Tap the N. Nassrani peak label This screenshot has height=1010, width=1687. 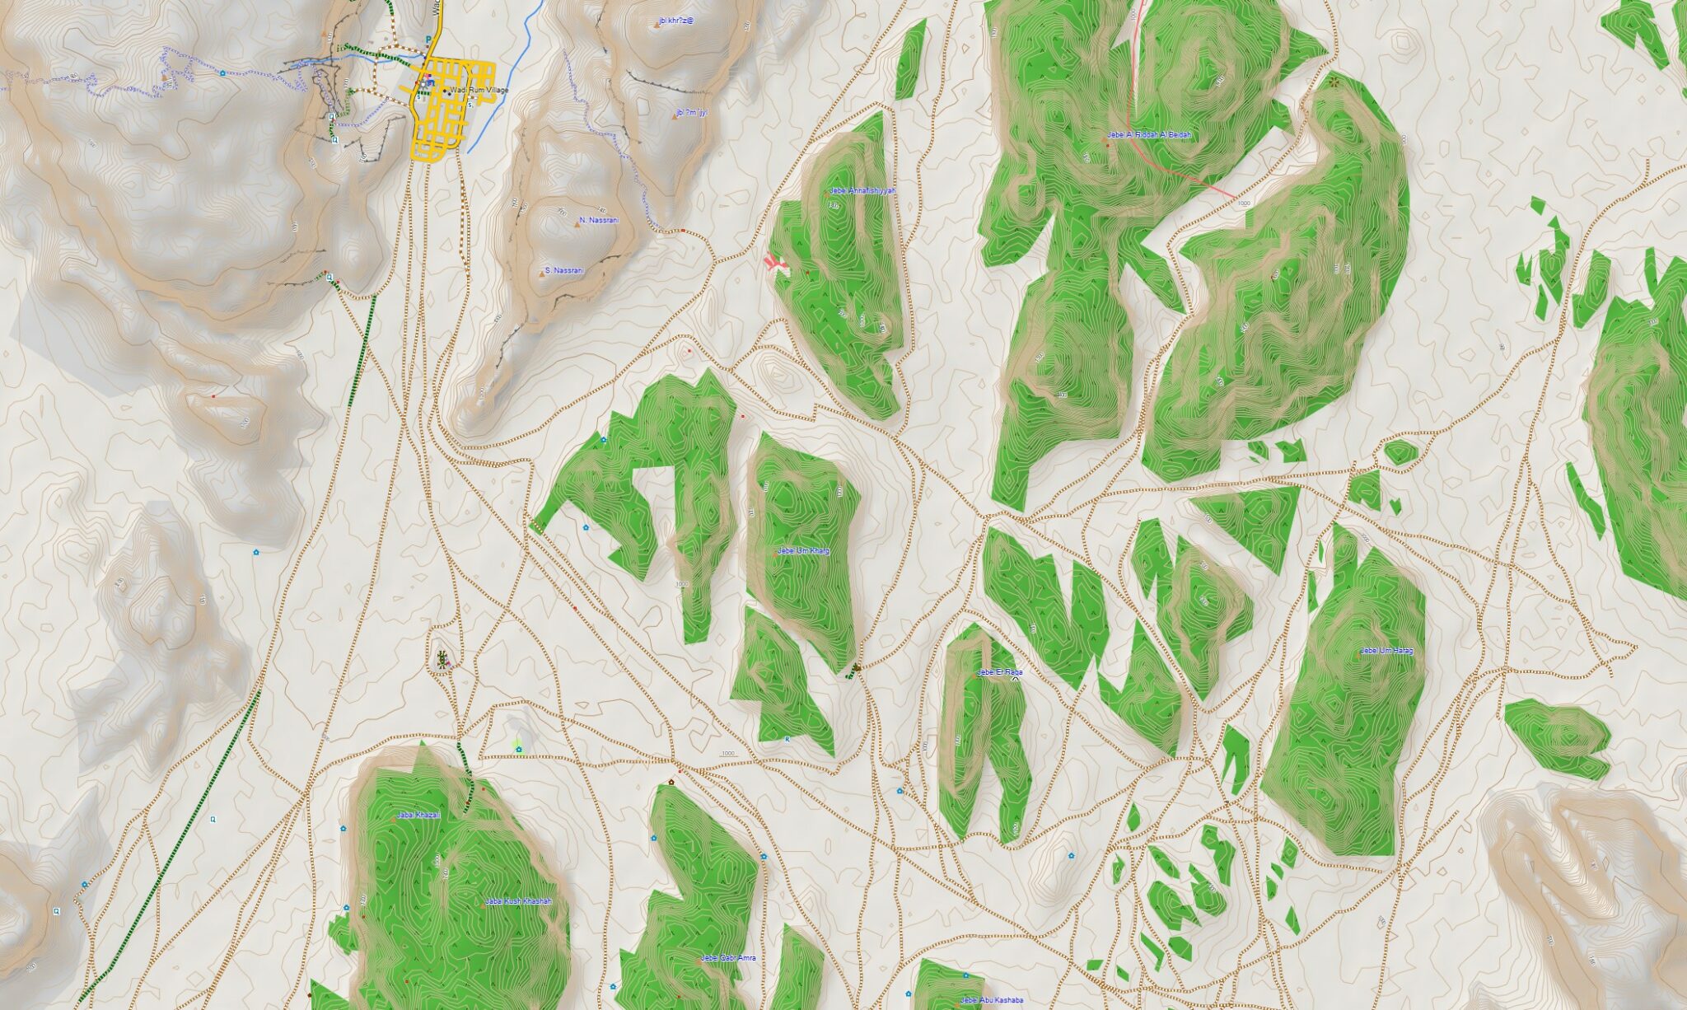(x=599, y=220)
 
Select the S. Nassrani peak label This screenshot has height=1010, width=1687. (x=564, y=270)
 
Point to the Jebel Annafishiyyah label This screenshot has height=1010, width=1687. (x=862, y=190)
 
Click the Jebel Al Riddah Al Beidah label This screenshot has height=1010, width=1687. (x=1151, y=134)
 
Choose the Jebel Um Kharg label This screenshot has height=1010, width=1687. (x=803, y=549)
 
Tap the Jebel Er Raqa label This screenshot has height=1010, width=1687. (x=999, y=672)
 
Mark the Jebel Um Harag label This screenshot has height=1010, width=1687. (x=1386, y=651)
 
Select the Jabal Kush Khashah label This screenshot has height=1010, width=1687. (x=517, y=901)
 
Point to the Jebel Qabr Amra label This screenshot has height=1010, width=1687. (x=728, y=958)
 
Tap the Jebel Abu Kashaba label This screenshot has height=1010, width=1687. (x=992, y=1000)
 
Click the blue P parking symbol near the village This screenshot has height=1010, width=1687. (x=427, y=40)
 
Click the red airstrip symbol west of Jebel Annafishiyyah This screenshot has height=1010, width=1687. (x=774, y=263)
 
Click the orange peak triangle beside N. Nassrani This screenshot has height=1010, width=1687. (x=577, y=222)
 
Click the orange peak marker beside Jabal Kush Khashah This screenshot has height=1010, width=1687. (x=484, y=905)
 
